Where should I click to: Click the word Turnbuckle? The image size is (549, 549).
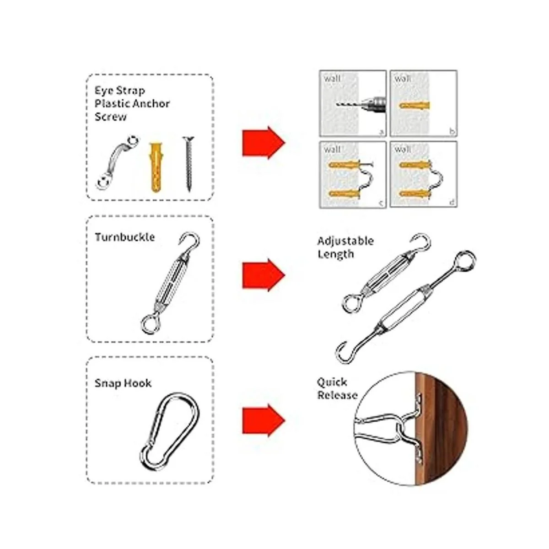point(124,237)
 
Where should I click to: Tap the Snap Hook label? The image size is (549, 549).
point(123,383)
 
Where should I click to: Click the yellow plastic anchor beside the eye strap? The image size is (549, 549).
point(156,167)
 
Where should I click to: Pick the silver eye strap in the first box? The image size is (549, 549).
point(117,162)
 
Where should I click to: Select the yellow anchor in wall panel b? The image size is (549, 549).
point(414,106)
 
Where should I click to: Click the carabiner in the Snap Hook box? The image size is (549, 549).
point(169,431)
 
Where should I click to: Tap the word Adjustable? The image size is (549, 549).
point(345,241)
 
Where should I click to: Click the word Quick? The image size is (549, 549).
point(332,382)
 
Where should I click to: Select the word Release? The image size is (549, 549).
point(337,395)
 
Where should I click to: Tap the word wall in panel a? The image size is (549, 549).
point(332,79)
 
